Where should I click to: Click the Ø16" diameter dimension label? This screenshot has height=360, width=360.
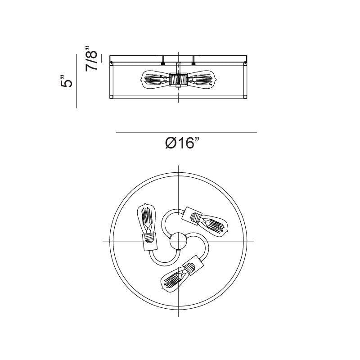tap(182, 144)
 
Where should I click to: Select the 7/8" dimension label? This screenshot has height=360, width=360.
tap(91, 58)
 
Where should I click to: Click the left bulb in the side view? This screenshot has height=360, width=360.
tap(154, 80)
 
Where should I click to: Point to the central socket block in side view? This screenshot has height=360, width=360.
tap(178, 80)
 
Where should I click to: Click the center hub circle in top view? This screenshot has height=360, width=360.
tap(178, 241)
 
